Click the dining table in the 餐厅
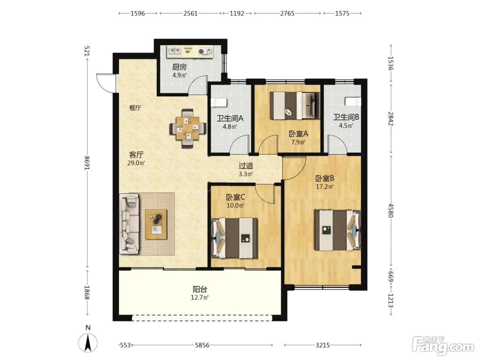pyautogui.click(x=188, y=128)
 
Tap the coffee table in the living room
pyautogui.click(x=156, y=224)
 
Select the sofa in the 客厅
pyautogui.click(x=129, y=224)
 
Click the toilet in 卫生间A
pyautogui.click(x=219, y=103)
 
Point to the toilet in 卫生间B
pyautogui.click(x=353, y=101)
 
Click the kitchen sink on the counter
pyautogui.click(x=175, y=52)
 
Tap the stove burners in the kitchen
pyautogui.click(x=205, y=52)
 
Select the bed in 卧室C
pyautogui.click(x=234, y=238)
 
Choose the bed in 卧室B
pyautogui.click(x=337, y=230)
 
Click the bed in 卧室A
pyautogui.click(x=295, y=106)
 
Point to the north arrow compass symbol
pyautogui.click(x=88, y=343)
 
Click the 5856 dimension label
pyautogui.click(x=202, y=345)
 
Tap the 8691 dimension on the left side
pyautogui.click(x=87, y=163)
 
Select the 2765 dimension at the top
pyautogui.click(x=287, y=13)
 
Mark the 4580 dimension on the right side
pyautogui.click(x=391, y=211)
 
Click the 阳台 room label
pyautogui.click(x=200, y=289)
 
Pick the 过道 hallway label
pyautogui.click(x=246, y=166)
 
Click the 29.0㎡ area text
pyautogui.click(x=136, y=163)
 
